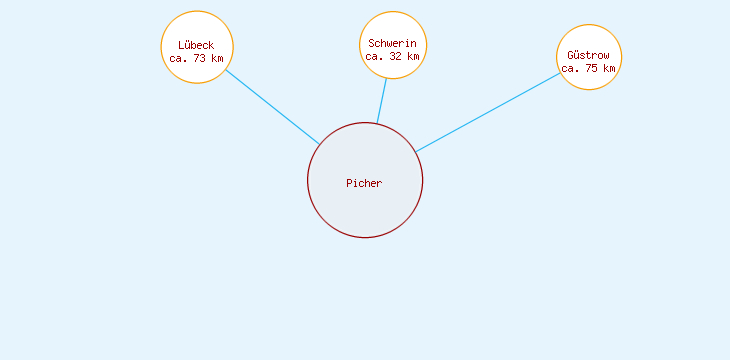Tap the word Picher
pos(364,183)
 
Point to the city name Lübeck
pos(196,45)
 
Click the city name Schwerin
pos(392,44)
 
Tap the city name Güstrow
pos(588,55)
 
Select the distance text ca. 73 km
pos(196,58)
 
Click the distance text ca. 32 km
pos(392,57)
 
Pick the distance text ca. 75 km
pos(588,68)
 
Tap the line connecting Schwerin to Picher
pos(382,100)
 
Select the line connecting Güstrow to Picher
pos(488,112)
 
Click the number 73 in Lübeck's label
pos(200,58)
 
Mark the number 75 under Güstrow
pos(592,68)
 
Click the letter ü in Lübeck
pos(187,45)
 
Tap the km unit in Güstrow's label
pos(609,68)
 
